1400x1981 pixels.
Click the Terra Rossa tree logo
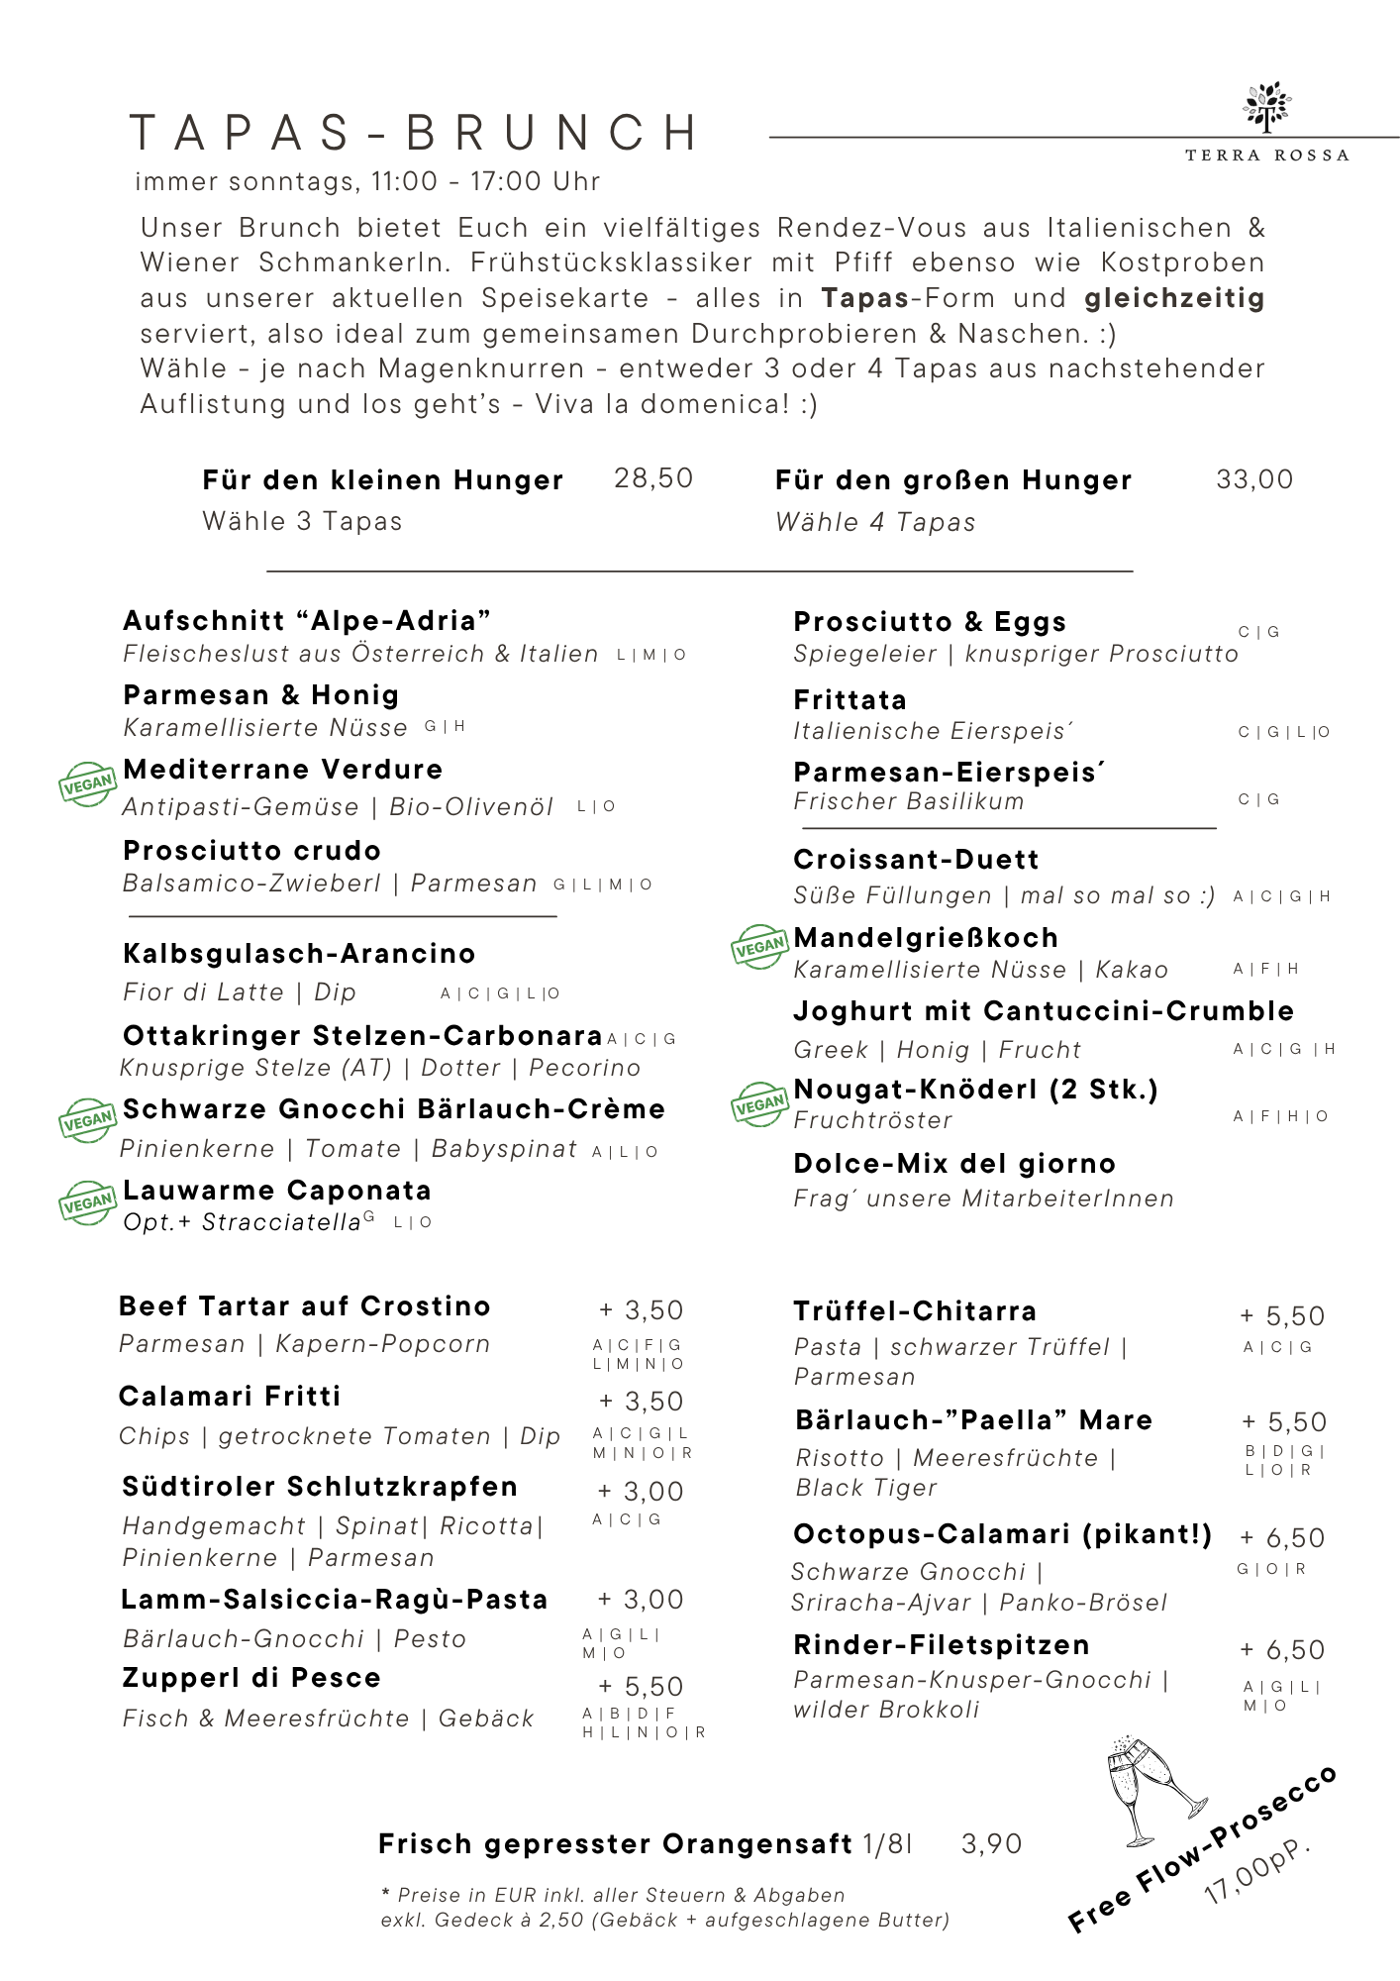point(1267,107)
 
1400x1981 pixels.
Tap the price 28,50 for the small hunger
point(653,478)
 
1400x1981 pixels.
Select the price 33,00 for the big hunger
point(1254,479)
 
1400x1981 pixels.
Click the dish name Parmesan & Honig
point(261,695)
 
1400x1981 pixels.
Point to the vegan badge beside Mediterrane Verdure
point(87,784)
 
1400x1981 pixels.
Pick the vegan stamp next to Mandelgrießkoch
point(759,947)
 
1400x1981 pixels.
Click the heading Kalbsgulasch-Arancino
point(299,954)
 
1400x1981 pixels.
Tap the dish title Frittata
point(850,700)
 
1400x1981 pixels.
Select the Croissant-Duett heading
point(916,860)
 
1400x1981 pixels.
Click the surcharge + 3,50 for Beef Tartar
point(642,1310)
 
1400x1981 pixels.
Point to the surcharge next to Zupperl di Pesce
point(642,1687)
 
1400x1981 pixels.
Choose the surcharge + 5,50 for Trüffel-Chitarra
point(1282,1316)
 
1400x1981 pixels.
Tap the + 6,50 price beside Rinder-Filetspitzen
point(1282,1650)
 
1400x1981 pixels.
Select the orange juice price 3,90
point(991,1844)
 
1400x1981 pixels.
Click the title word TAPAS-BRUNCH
point(416,134)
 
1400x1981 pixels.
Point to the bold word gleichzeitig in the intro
point(1174,298)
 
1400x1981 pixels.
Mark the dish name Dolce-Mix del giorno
point(954,1164)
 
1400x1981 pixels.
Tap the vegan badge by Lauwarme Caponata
point(87,1202)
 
